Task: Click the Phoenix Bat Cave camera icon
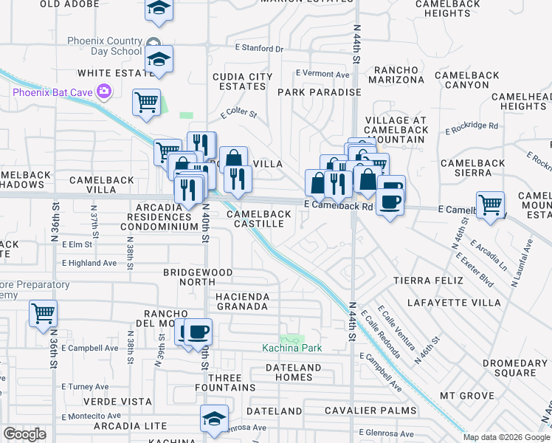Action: (105, 92)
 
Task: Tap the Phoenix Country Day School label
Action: (104, 46)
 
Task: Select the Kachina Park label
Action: (292, 348)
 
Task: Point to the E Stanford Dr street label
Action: (259, 49)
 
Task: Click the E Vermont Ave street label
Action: (322, 74)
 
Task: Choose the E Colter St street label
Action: (238, 114)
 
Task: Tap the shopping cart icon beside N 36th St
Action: (44, 313)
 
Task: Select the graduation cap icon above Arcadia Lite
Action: (214, 418)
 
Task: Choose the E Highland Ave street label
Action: (89, 263)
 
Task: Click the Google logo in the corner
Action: (25, 434)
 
